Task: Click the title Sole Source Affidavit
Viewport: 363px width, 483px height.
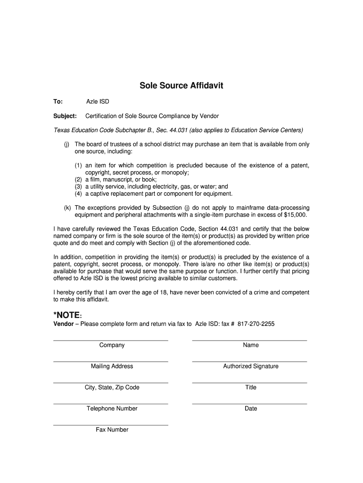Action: (x=181, y=86)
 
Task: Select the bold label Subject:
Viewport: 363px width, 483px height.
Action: (x=65, y=116)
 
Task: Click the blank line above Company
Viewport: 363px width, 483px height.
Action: (x=111, y=340)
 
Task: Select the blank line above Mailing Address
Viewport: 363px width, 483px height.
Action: (x=111, y=361)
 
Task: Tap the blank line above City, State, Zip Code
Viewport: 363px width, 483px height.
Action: (x=111, y=382)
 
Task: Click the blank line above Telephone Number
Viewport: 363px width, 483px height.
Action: (x=111, y=403)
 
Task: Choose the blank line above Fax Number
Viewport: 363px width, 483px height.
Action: (x=111, y=425)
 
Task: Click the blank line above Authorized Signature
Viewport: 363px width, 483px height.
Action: (x=250, y=361)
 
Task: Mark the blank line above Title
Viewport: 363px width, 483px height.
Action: (x=250, y=382)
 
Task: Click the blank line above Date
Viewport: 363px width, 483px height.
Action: (x=250, y=403)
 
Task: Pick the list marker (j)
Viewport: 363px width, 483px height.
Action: (x=67, y=144)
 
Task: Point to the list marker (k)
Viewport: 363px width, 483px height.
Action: (x=67, y=208)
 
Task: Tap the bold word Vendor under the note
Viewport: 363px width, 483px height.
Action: (x=63, y=324)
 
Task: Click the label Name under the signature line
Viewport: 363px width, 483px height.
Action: (x=251, y=345)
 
